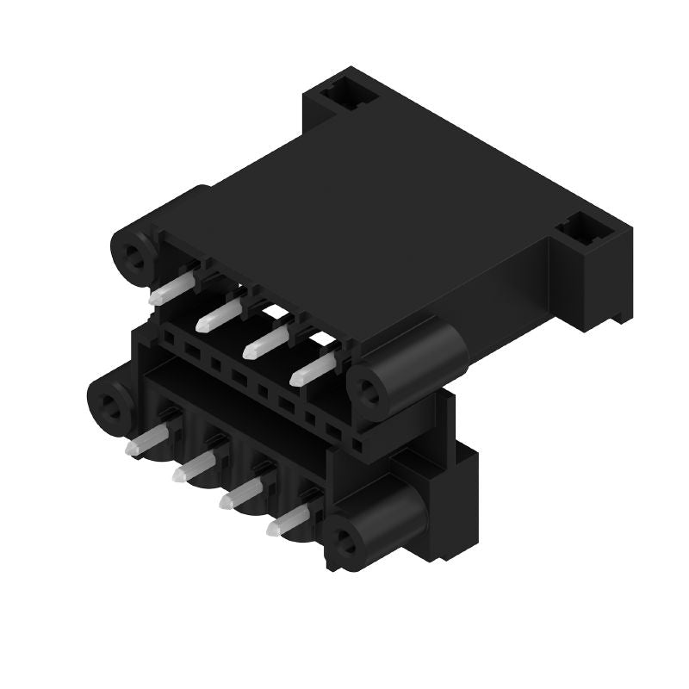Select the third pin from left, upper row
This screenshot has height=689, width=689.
click(x=264, y=344)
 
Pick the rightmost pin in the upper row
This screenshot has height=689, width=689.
click(x=312, y=370)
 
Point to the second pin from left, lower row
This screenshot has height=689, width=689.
click(x=193, y=468)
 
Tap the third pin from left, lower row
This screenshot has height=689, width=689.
click(x=241, y=494)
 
